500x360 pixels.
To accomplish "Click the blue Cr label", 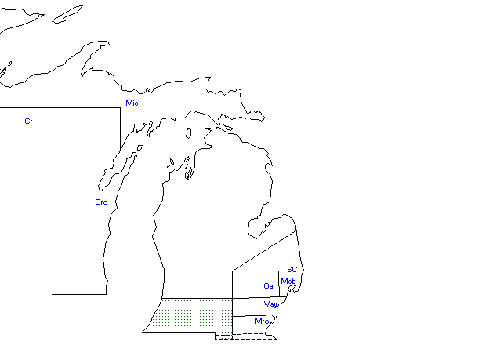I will click(28, 122).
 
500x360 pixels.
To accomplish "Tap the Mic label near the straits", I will click(132, 104).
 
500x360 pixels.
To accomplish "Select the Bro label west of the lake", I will click(101, 202).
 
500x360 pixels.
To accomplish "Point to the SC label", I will click(292, 270).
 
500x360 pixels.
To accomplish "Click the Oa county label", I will click(268, 285).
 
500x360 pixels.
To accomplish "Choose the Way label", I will click(270, 304).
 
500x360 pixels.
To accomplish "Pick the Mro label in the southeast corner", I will click(262, 322).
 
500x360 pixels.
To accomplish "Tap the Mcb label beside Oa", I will click(288, 281).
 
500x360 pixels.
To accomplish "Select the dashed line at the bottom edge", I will click(245, 339).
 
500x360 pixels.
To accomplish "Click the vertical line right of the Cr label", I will click(45, 124).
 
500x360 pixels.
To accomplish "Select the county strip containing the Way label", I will click(251, 307).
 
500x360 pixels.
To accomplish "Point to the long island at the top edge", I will click(68, 13).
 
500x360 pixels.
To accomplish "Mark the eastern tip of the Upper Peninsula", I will click(262, 117).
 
